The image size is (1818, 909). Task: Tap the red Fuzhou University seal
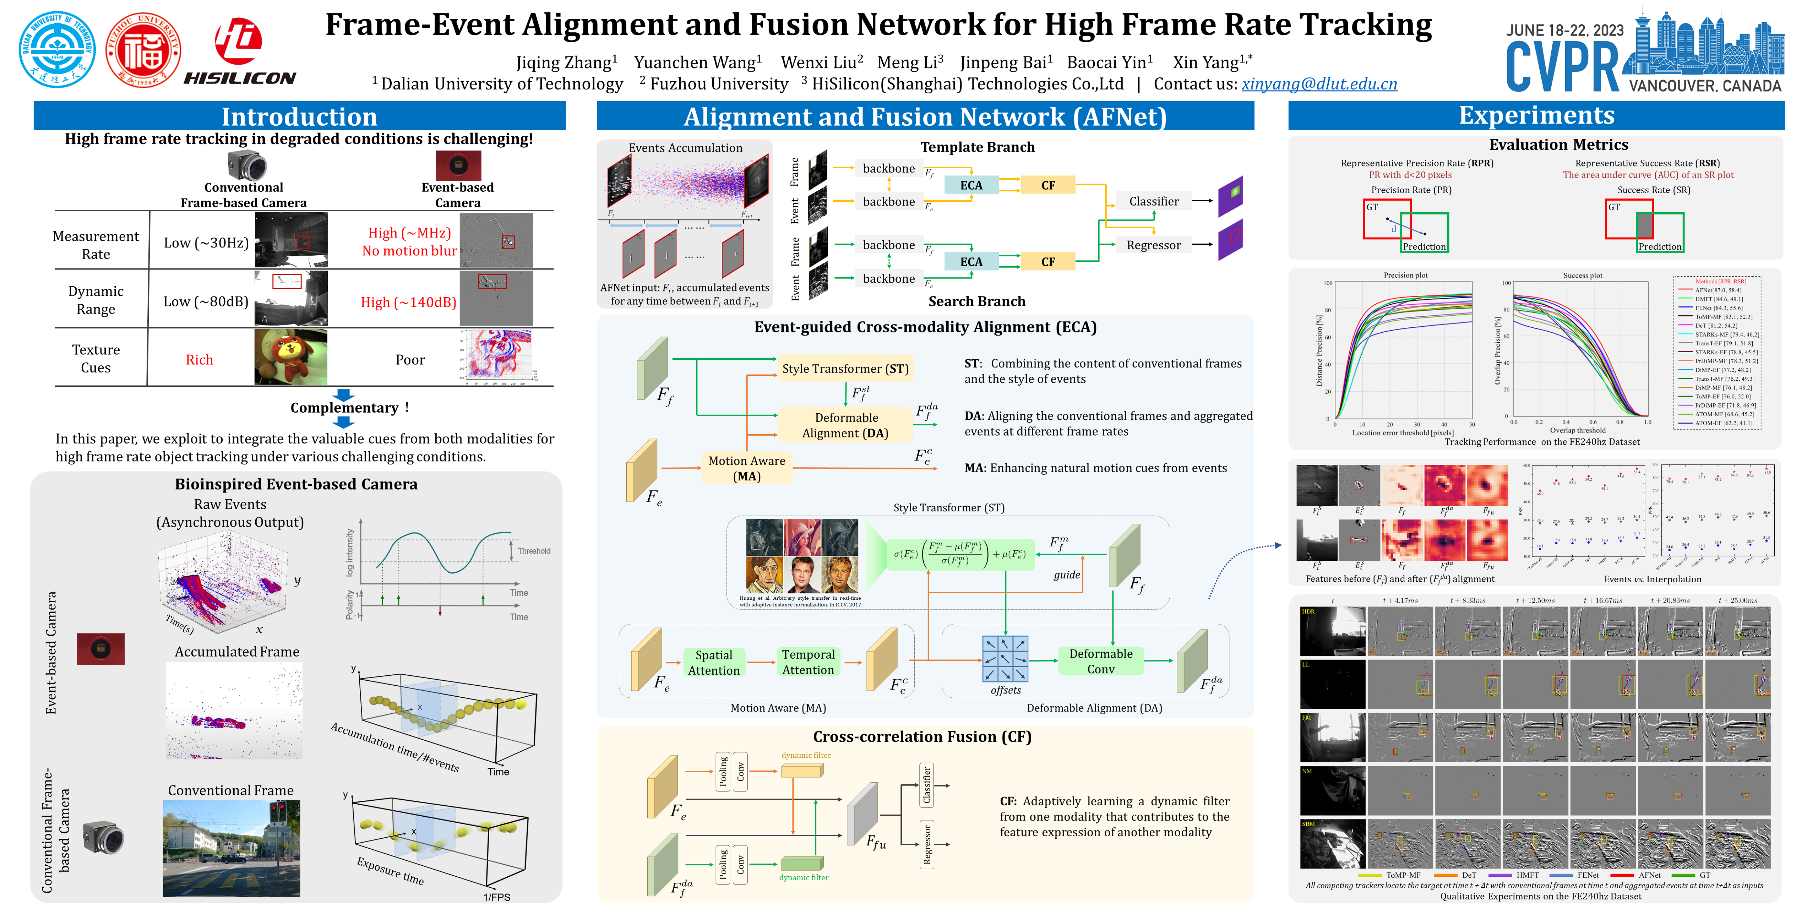click(x=143, y=49)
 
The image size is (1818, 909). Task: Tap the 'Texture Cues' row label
click(x=96, y=359)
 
